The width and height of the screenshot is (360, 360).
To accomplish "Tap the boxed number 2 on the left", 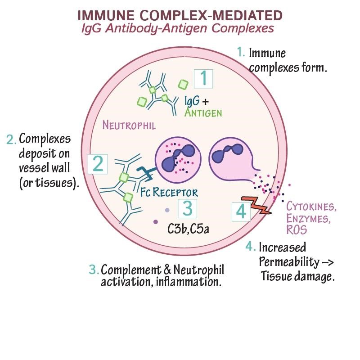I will pyautogui.click(x=98, y=164).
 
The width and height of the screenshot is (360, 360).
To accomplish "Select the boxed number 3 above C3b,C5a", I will pyautogui.click(x=188, y=208).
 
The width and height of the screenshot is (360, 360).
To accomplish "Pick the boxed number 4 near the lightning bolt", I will pyautogui.click(x=241, y=211).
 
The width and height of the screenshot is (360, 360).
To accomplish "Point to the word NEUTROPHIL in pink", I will pyautogui.click(x=129, y=125).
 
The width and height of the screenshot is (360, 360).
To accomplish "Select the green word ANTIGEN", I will pyautogui.click(x=203, y=112).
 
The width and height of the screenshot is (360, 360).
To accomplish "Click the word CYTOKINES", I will pyautogui.click(x=312, y=208).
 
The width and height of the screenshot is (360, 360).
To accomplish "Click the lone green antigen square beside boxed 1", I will pyautogui.click(x=183, y=84).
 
